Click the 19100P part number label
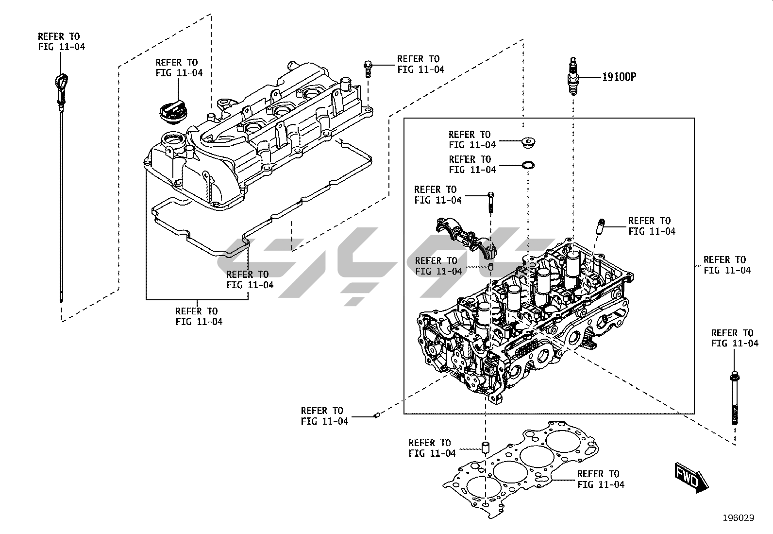click(x=619, y=77)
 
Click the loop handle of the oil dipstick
click(x=61, y=81)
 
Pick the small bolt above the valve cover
click(x=368, y=69)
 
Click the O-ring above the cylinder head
click(x=528, y=166)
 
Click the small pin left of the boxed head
click(x=376, y=414)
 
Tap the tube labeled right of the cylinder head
click(x=600, y=227)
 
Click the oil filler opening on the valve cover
click(x=172, y=141)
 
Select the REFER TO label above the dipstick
click(x=62, y=42)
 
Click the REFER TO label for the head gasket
click(x=601, y=479)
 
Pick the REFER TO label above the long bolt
click(x=734, y=338)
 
